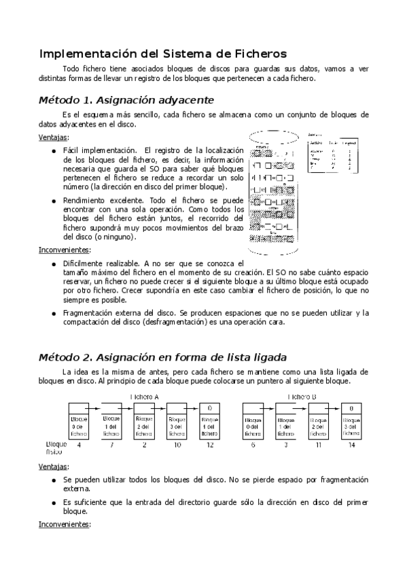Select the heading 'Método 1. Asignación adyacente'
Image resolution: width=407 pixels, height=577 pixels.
[127, 99]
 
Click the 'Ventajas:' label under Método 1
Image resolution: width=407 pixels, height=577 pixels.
[54, 137]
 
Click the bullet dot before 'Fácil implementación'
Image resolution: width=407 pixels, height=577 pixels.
[54, 150]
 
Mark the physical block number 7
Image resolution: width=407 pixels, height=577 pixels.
[111, 444]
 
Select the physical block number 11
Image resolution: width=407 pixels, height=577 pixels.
[318, 444]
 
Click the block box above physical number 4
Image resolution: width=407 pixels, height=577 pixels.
[79, 425]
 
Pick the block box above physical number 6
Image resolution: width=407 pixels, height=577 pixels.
[253, 425]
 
